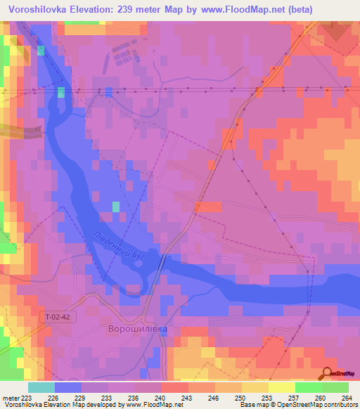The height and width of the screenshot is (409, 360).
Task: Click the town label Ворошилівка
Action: [x=137, y=328]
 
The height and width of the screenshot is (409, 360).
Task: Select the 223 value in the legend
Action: [x=27, y=398]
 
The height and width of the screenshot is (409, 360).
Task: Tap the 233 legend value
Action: [x=107, y=398]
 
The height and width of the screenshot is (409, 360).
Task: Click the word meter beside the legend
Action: [x=10, y=398]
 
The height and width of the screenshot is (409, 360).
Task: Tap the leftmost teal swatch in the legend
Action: [x=41, y=387]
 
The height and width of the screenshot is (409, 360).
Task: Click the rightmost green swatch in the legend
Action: [x=335, y=387]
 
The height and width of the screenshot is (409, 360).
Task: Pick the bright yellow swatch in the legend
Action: [x=281, y=387]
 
